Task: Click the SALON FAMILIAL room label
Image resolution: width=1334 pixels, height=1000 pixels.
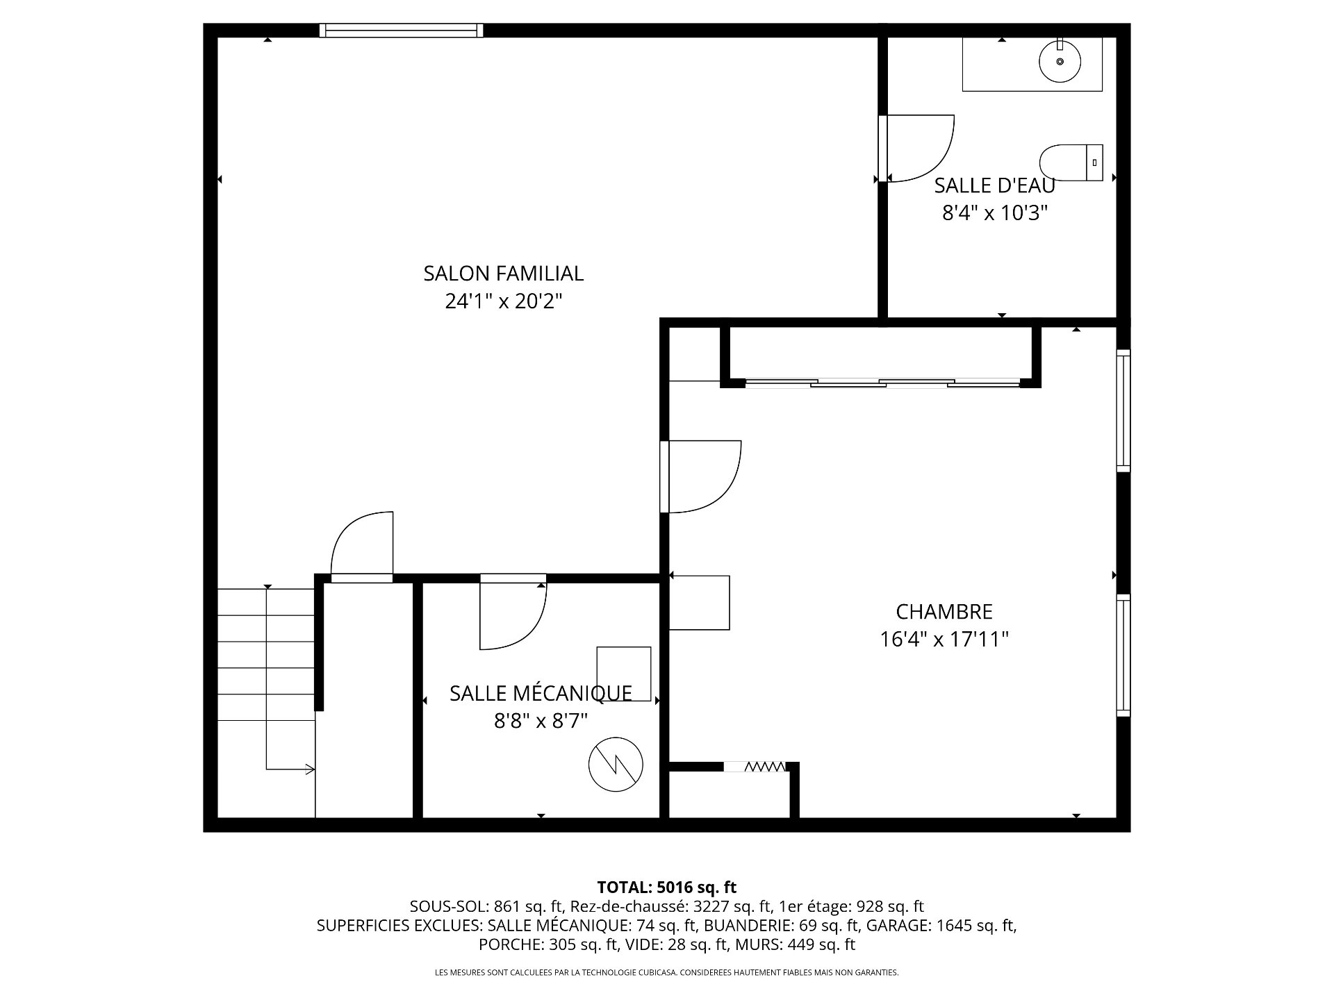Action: pos(503,274)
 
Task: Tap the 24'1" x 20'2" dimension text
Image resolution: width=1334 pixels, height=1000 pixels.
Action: pos(503,301)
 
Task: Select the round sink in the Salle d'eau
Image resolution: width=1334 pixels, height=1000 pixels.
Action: pos(1060,61)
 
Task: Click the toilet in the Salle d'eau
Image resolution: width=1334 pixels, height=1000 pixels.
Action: pos(1071,162)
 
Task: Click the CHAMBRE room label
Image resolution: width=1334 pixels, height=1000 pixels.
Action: pos(944,612)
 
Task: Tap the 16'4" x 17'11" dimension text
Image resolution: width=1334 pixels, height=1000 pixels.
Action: pos(944,639)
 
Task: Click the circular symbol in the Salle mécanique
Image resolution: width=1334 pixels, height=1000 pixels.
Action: pos(616,765)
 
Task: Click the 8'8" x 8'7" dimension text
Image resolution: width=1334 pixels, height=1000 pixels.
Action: pos(541,721)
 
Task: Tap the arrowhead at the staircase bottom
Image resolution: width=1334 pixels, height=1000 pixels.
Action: pos(311,769)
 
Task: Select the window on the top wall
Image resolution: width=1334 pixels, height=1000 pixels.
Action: pos(401,30)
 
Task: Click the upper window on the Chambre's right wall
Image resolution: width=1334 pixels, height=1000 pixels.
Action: pos(1123,410)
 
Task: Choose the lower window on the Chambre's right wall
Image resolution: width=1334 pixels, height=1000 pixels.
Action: pos(1123,655)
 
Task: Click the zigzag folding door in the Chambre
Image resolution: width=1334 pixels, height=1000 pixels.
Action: pos(764,767)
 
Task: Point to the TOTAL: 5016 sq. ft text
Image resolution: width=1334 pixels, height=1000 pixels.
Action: pos(667,887)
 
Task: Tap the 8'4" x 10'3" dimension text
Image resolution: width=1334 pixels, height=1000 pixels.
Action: pos(994,212)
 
